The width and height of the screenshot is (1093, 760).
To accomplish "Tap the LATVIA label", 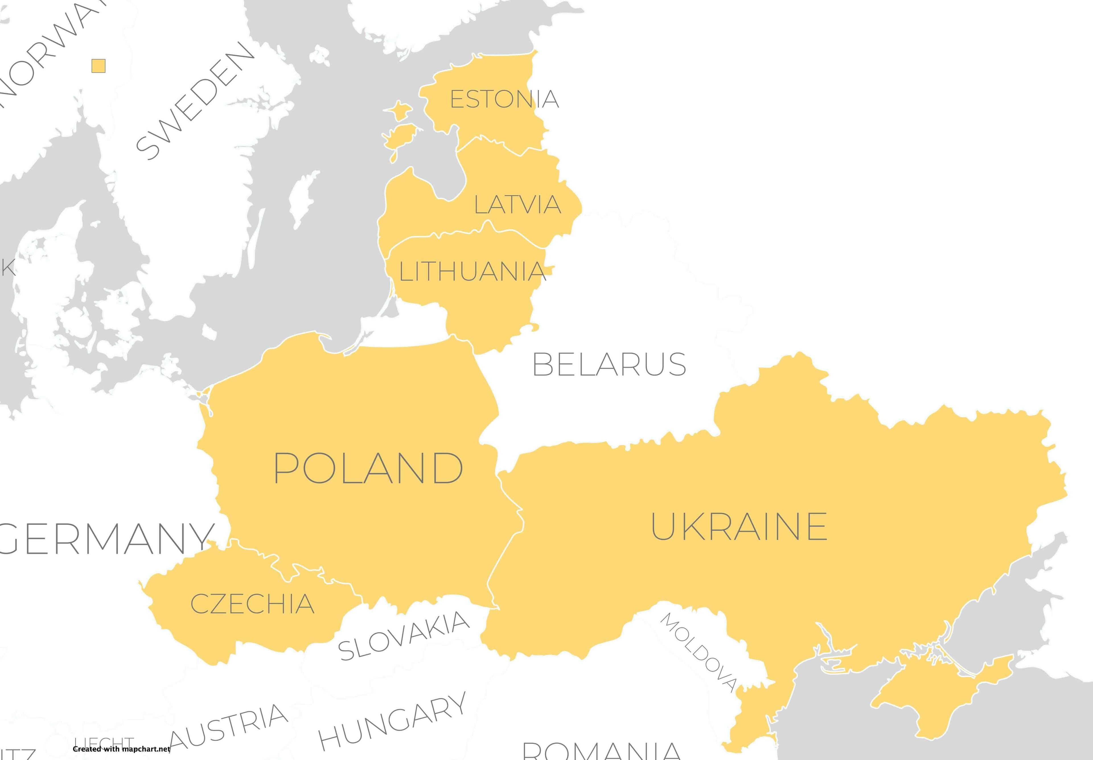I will pos(517,204).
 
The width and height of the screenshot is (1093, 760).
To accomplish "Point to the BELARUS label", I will pos(609,364).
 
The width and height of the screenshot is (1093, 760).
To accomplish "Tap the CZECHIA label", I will pos(252,604).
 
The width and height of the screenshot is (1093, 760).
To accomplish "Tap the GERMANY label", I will pos(105,539).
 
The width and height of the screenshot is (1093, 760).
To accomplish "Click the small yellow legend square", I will pos(98,66).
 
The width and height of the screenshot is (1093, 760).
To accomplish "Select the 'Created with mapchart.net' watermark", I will pos(121,749).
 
